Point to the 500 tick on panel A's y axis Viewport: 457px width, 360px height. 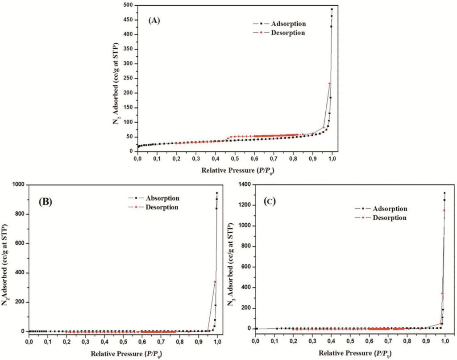pos(128,5)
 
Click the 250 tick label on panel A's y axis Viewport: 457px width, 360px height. pos(128,78)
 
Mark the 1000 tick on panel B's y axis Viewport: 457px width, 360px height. pos(17,185)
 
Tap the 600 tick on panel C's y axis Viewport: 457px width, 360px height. pos(245,267)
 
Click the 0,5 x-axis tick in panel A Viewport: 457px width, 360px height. pos(235,159)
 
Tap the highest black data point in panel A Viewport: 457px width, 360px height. pos(332,9)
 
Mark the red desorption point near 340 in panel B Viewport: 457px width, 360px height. pos(215,281)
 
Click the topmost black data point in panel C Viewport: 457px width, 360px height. pos(445,193)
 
